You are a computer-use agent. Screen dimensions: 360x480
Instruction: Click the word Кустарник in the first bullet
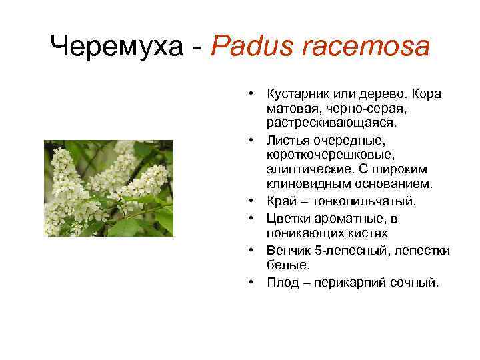coord(296,93)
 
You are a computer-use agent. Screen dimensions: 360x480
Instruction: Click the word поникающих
coord(300,233)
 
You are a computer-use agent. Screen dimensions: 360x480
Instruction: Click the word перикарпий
coord(353,282)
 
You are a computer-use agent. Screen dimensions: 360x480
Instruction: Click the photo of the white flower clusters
coord(109,188)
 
